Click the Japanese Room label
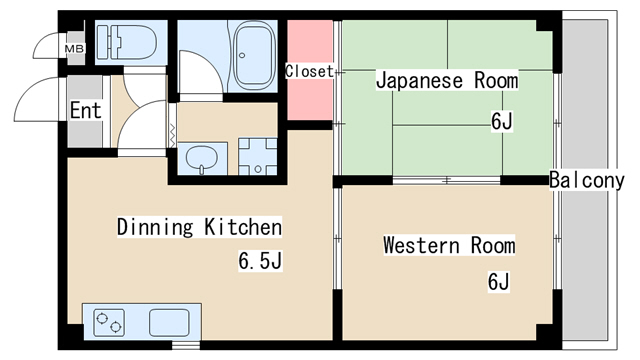[446, 81]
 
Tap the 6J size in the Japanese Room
[501, 122]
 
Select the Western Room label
[449, 245]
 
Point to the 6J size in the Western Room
[499, 282]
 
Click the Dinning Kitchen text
[199, 226]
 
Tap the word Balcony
[593, 180]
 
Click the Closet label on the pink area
[309, 71]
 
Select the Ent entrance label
[85, 110]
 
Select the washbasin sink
[202, 158]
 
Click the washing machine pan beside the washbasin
[258, 157]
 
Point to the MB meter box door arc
[46, 47]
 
